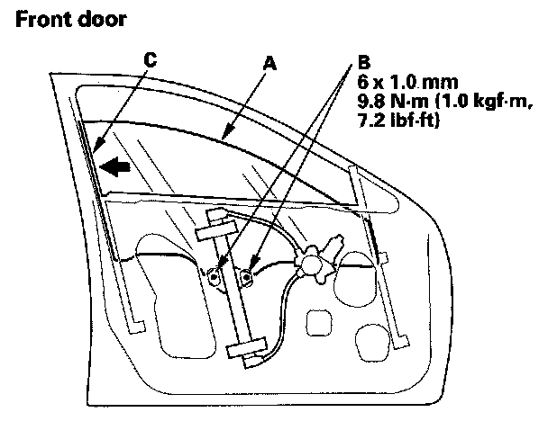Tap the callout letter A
coord(268,64)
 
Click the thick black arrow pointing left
coord(114,166)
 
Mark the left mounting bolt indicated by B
coord(215,277)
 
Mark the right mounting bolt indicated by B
coord(247,273)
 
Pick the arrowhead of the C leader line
coord(94,150)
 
